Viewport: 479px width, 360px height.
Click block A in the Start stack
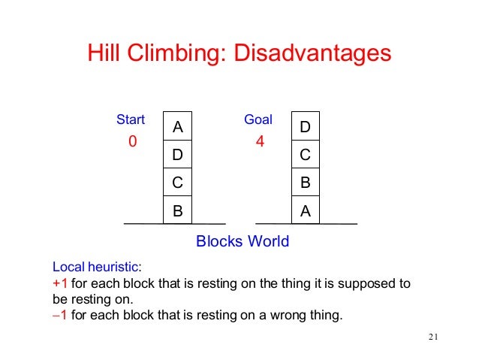point(177,128)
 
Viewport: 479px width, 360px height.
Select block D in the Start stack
point(177,156)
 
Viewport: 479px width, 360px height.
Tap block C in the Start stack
point(177,183)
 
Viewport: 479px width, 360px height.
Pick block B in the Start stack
point(177,211)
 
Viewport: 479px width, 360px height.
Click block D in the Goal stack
point(305,128)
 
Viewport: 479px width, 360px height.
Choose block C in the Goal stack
point(305,156)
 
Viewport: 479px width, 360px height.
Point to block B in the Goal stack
point(305,183)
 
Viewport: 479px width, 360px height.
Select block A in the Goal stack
point(305,211)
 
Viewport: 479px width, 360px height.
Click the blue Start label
point(131,119)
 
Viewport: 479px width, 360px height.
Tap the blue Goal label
point(258,119)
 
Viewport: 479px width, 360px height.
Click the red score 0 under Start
point(133,141)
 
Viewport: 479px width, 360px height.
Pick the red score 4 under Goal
point(260,141)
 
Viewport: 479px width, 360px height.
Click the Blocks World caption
point(242,241)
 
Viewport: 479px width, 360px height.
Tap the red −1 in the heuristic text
point(59,314)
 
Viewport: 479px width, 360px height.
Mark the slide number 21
point(432,335)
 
